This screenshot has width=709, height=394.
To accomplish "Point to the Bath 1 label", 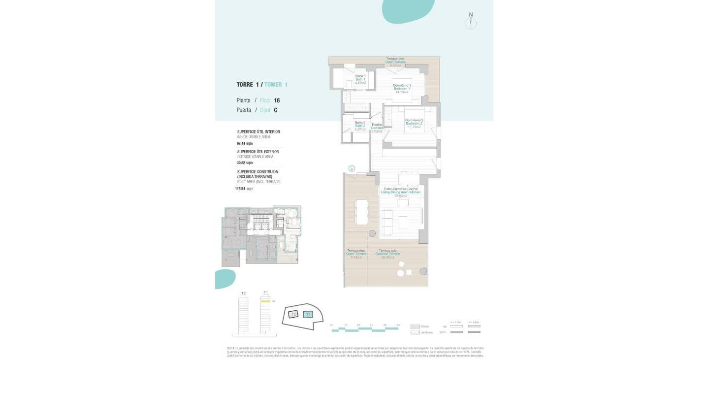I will (360, 79).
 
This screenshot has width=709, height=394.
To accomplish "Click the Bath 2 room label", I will (360, 126).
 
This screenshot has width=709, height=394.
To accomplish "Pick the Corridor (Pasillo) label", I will (377, 128).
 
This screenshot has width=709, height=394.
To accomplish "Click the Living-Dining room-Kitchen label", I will (400, 192).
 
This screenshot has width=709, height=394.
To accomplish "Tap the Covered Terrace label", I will (387, 254).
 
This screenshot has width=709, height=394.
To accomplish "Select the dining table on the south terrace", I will (362, 212).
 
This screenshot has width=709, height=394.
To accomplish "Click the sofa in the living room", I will (387, 222).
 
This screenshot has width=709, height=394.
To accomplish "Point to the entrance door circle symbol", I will (352, 168).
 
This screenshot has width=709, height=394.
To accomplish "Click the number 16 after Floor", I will (277, 100).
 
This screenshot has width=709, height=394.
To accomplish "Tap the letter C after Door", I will (275, 110).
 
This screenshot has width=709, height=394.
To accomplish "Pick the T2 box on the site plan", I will (293, 314).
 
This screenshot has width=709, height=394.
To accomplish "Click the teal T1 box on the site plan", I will (308, 314).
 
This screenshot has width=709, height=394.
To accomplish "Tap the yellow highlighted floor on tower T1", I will (265, 301).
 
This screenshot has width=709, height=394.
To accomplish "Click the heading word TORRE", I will (245, 85).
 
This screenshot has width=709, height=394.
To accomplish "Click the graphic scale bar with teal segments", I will (364, 330).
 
